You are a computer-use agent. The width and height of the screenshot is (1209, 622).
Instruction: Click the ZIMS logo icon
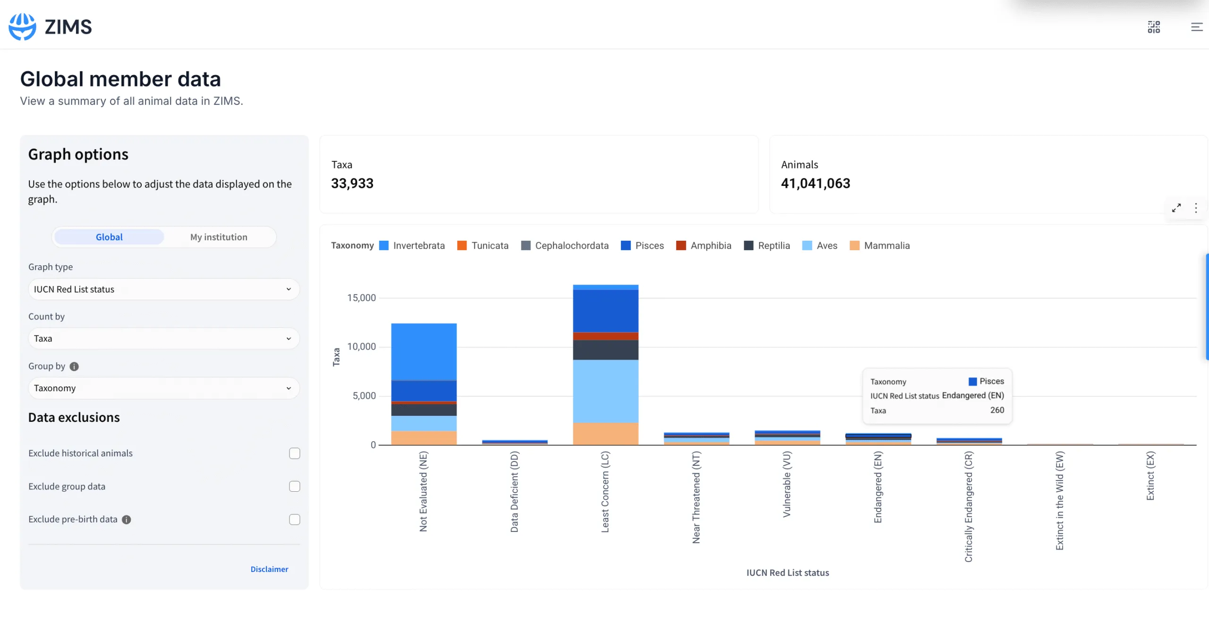coord(22,27)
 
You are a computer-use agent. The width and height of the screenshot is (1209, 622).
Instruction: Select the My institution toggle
coord(219,237)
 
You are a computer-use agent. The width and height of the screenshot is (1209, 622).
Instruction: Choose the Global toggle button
coord(109,237)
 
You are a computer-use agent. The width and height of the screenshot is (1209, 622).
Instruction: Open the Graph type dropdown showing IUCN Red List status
coord(163,289)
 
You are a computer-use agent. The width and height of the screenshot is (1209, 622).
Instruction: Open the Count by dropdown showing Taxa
coord(163,338)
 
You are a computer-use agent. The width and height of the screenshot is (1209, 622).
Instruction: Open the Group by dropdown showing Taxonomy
coord(163,388)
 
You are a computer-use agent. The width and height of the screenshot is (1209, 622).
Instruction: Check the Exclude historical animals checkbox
coord(294,454)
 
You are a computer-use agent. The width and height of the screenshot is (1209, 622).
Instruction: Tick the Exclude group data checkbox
coord(294,487)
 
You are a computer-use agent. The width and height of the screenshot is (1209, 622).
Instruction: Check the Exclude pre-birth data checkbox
coord(294,520)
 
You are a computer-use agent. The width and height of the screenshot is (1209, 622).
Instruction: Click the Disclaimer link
coord(269,569)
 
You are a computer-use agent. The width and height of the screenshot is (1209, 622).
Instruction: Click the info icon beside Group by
coord(74,367)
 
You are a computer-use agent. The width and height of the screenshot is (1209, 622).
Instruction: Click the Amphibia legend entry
coord(704,245)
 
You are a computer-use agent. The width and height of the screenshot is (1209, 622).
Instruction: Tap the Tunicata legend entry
coord(483,245)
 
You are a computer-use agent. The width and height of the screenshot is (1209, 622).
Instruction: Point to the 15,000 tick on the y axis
coord(361,298)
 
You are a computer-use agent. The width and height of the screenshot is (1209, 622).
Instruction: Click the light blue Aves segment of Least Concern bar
coord(605,391)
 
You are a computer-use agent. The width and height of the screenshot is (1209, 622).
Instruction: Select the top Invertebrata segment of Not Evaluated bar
coord(424,352)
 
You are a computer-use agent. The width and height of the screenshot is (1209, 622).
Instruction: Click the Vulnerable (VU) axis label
coord(787,484)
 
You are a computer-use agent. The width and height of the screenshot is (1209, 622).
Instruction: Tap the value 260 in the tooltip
coord(997,410)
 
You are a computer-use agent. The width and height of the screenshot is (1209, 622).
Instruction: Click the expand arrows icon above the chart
coord(1176,208)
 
